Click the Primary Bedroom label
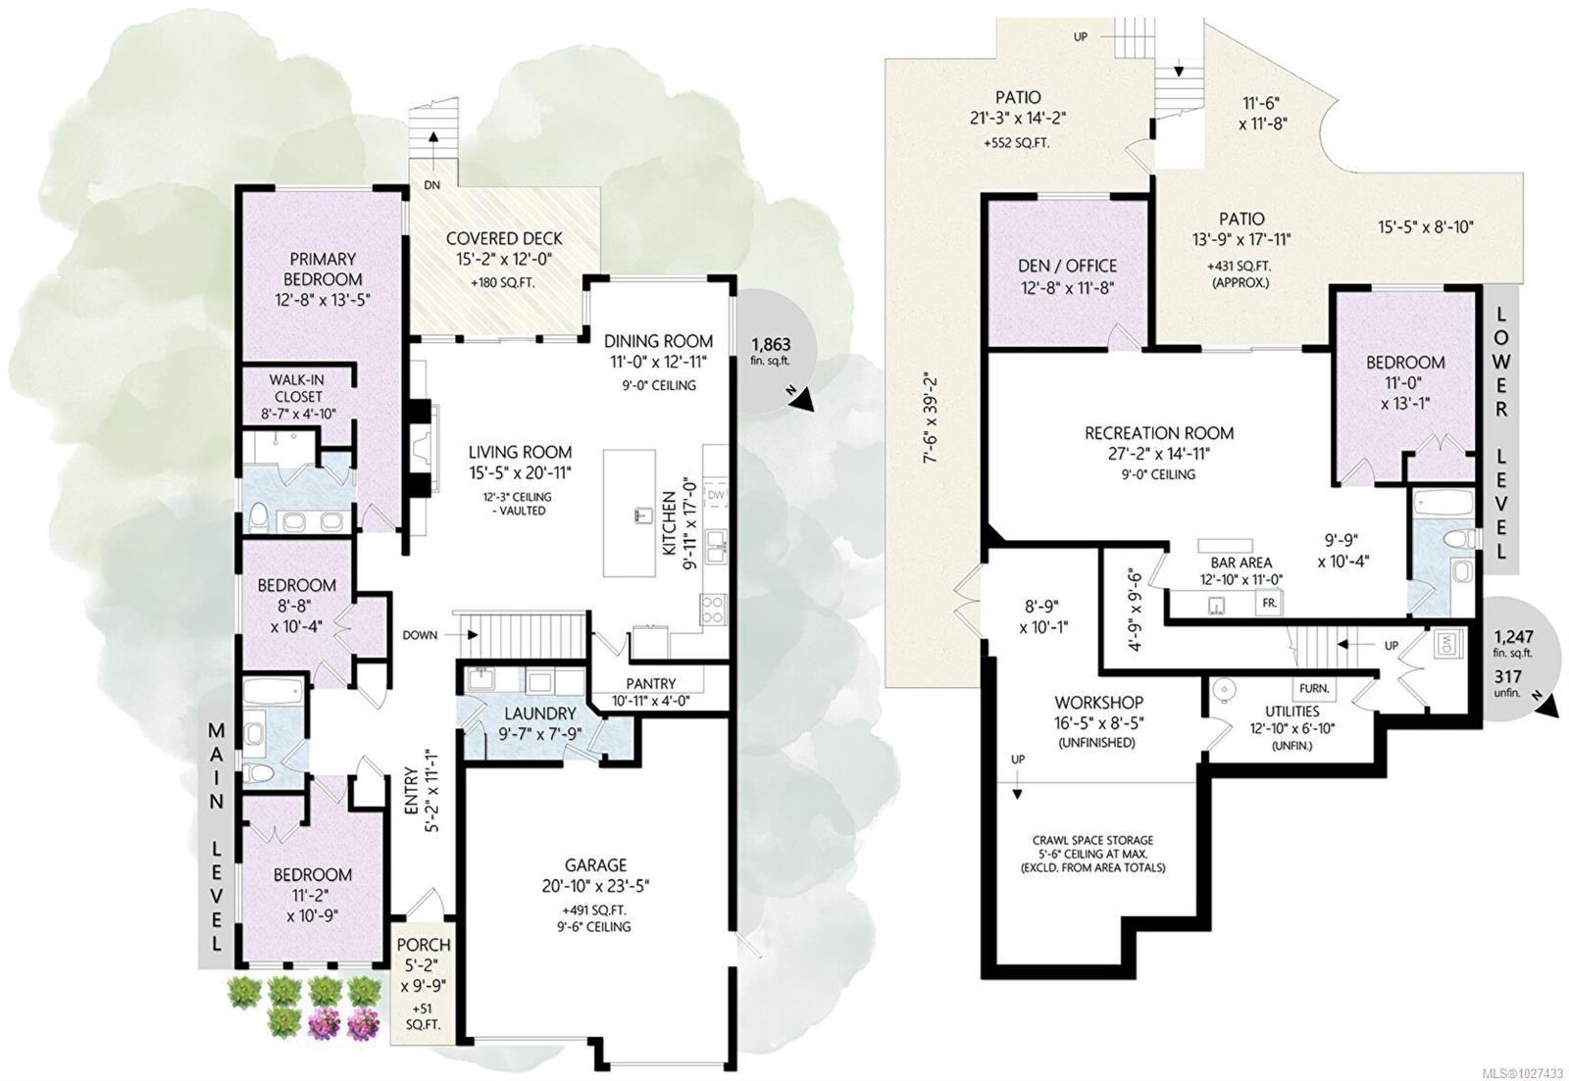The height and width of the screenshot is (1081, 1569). [x=322, y=269]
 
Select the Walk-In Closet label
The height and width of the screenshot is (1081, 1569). [x=297, y=388]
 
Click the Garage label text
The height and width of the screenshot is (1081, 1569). [x=595, y=865]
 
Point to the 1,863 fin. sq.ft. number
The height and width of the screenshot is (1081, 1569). [x=771, y=345]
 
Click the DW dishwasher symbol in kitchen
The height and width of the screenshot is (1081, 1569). [x=714, y=496]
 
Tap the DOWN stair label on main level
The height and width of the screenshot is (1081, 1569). [x=420, y=635]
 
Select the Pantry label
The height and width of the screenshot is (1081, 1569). [x=650, y=684]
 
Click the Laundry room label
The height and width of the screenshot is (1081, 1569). [x=539, y=713]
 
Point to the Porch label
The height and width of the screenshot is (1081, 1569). [x=424, y=946]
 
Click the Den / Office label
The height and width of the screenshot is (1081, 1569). [x=1066, y=266]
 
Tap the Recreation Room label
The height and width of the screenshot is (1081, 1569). [x=1159, y=433]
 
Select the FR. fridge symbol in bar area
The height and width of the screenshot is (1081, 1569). [x=1269, y=604]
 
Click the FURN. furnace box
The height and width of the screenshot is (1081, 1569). [x=1314, y=688]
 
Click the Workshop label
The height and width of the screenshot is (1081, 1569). [x=1098, y=704]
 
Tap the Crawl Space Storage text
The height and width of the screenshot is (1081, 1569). [x=1092, y=841]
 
